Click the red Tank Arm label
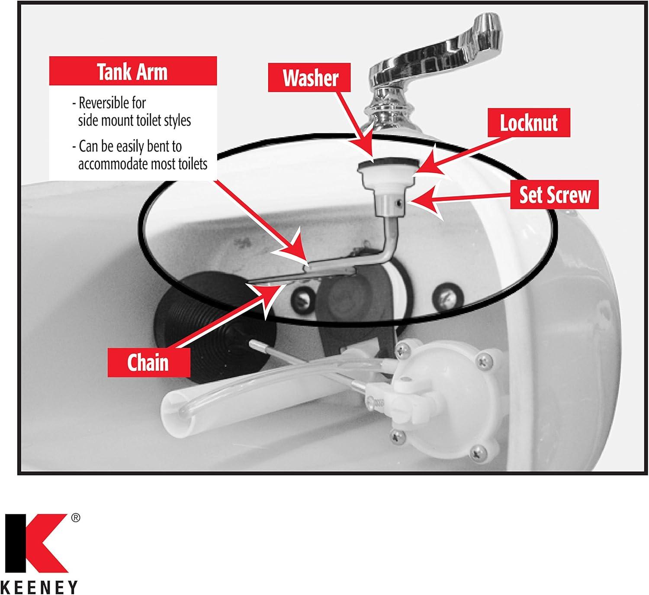pyautogui.click(x=132, y=71)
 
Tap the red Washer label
pyautogui.click(x=310, y=78)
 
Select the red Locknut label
pyautogui.click(x=529, y=123)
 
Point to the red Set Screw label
pyautogui.click(x=554, y=195)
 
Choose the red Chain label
pyautogui.click(x=148, y=362)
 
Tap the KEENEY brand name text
pyautogui.click(x=39, y=587)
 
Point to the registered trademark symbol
pyautogui.click(x=75, y=518)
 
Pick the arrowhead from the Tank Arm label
pyautogui.click(x=299, y=251)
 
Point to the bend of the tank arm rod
pyautogui.click(x=382, y=255)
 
